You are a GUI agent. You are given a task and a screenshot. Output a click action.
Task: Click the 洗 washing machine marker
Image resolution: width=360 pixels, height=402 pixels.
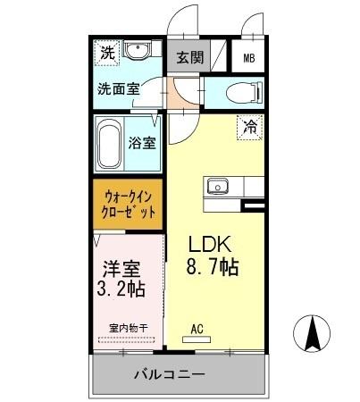coord(107,53)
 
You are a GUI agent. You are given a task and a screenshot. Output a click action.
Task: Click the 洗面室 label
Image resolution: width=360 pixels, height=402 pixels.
coord(120,89)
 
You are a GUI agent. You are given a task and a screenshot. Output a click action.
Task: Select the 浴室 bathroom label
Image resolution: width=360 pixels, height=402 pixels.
coord(143,143)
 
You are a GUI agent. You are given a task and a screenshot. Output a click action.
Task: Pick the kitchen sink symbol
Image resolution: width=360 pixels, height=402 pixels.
coord(218,187)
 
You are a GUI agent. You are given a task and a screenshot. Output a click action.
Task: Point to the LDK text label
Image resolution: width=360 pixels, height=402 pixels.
coord(211,245)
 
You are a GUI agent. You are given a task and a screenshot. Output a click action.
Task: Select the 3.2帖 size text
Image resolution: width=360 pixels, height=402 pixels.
coord(120,289)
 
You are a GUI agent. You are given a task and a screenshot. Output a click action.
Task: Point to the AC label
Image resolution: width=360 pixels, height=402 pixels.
coord(197,328)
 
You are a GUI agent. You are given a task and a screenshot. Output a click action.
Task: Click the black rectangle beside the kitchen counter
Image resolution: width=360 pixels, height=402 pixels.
coord(254,207)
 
